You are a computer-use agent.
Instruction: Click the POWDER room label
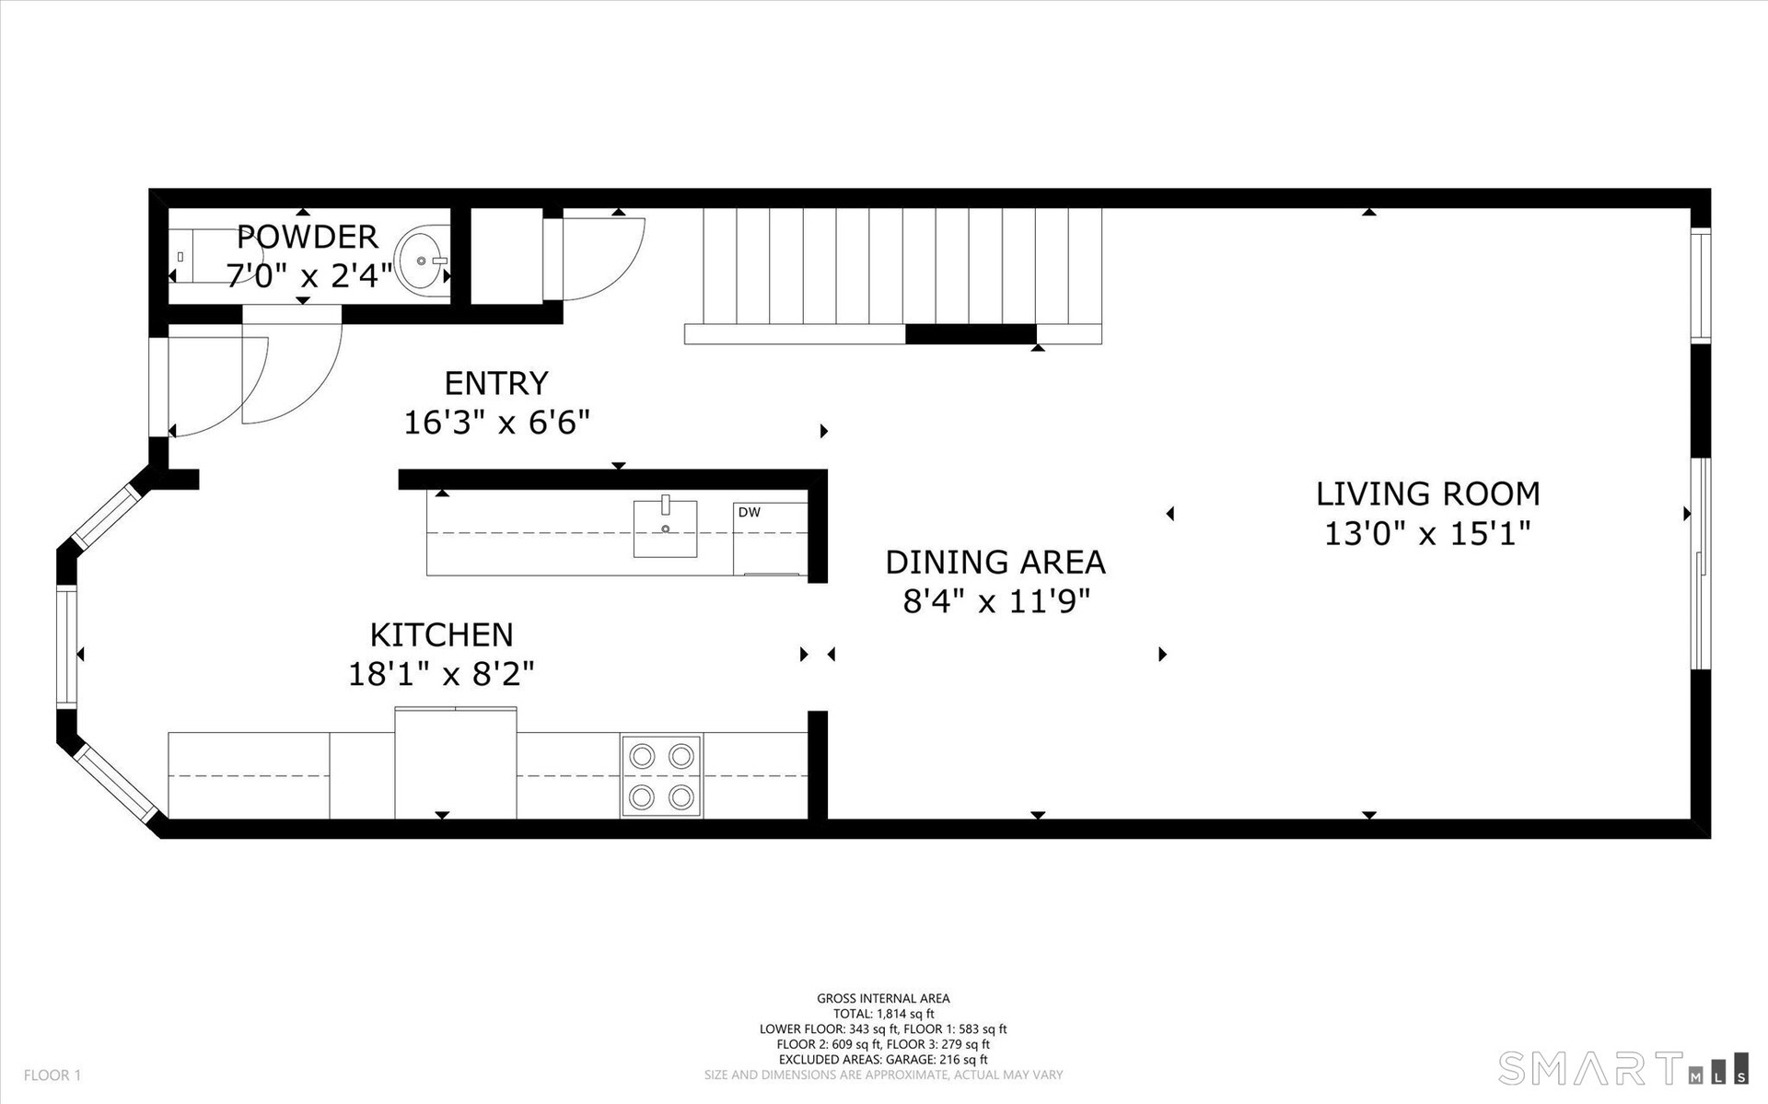[x=308, y=237]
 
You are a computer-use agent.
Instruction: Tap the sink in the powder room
[x=422, y=261]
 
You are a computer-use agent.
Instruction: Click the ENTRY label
[x=496, y=383]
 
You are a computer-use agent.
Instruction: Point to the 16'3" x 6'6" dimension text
[x=496, y=423]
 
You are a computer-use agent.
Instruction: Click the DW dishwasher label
[x=750, y=512]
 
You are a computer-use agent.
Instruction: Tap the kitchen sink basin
[x=665, y=529]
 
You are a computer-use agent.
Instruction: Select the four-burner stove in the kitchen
[x=661, y=775]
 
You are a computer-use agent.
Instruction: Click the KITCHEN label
[x=441, y=634]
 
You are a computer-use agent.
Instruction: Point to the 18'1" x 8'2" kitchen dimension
[x=441, y=675]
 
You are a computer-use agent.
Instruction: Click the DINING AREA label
[x=995, y=562]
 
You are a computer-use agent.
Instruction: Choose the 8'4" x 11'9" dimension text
[x=995, y=602]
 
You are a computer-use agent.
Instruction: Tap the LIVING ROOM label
[x=1427, y=494]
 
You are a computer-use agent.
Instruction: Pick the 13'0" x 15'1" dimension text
[x=1427, y=533]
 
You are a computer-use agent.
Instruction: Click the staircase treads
[x=902, y=267]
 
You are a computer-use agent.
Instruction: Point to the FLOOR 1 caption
[x=52, y=1075]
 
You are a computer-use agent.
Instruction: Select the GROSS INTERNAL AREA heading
[x=883, y=998]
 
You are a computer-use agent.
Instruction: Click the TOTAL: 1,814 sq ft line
[x=883, y=1014]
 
